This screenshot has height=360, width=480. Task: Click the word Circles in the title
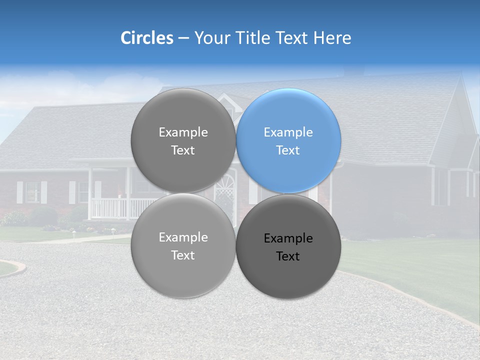pos(146,38)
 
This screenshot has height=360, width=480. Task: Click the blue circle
pos(288,141)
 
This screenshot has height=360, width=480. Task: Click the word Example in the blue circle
pos(288,132)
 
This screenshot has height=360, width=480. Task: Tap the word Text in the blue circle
pos(288,150)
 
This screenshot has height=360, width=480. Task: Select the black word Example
pos(288,238)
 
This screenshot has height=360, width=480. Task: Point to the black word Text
pos(288,256)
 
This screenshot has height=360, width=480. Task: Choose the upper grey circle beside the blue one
pos(183,141)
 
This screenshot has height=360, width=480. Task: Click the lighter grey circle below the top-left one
pos(183,246)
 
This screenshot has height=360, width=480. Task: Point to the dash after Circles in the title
pos(183,38)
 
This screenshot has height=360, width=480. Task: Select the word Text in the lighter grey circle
pos(183,255)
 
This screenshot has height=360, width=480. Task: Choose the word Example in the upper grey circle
pos(183,132)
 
